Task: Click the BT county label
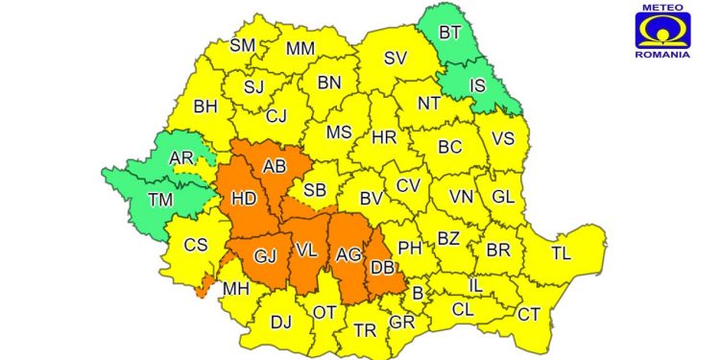[449, 33]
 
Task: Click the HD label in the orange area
[243, 199]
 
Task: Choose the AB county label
[275, 166]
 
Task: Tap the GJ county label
[265, 255]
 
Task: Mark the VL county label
[306, 251]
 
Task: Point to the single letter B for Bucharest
[417, 293]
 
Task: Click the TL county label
[561, 253]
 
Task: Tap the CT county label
[528, 314]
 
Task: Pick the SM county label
[242, 45]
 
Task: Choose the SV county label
[396, 58]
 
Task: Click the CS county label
[196, 245]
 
